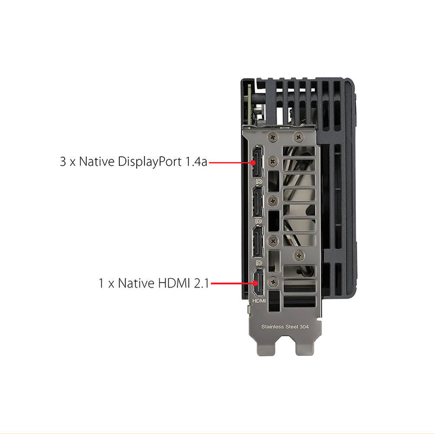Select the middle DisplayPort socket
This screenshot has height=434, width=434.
258,202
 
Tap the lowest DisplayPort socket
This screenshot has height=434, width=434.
258,241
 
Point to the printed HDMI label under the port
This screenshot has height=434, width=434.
259,301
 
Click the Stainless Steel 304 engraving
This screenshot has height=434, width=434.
285,327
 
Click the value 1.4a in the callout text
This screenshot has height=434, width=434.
196,162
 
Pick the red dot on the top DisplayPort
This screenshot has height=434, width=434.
253,162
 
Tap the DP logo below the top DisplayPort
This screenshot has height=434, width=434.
259,182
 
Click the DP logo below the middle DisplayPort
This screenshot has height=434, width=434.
259,221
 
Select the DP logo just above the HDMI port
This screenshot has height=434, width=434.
259,263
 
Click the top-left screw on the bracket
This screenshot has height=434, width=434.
273,137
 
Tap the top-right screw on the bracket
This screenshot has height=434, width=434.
298,137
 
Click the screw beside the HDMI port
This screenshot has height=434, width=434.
273,282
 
